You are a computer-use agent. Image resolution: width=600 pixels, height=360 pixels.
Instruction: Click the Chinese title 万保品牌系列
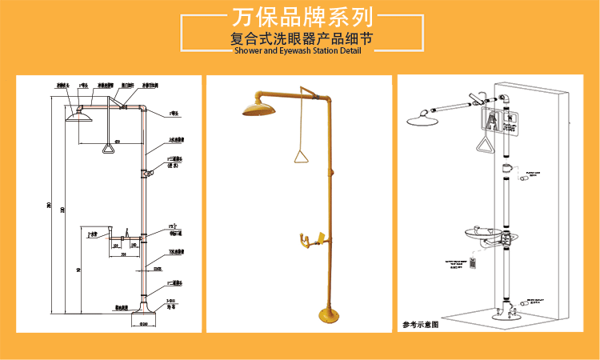(x=300, y=17)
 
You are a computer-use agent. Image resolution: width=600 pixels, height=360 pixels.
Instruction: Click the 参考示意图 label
(x=422, y=326)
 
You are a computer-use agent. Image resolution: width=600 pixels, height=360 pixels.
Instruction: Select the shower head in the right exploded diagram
(x=424, y=121)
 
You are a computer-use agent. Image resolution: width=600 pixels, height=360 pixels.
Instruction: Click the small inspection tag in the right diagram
(x=473, y=262)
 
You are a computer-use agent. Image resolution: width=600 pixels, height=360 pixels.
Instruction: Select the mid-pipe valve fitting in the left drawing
(x=144, y=172)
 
